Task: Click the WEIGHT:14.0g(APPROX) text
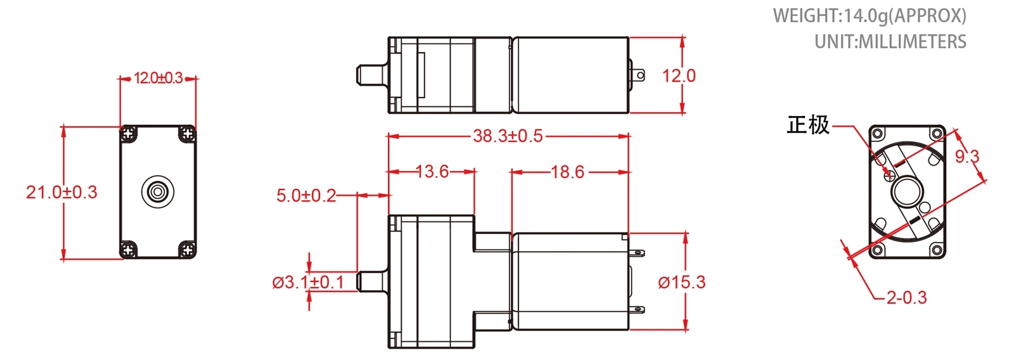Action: (x=870, y=16)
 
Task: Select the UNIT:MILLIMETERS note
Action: (x=890, y=42)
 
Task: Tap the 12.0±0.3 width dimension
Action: (x=158, y=79)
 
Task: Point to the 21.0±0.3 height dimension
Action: (x=61, y=193)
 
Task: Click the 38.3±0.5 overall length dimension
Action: (x=508, y=136)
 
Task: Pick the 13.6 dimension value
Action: (x=432, y=172)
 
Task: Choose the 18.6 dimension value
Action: (x=568, y=172)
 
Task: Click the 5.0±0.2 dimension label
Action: (x=307, y=196)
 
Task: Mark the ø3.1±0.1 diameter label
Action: (x=308, y=283)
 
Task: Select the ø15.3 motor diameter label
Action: (x=682, y=283)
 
